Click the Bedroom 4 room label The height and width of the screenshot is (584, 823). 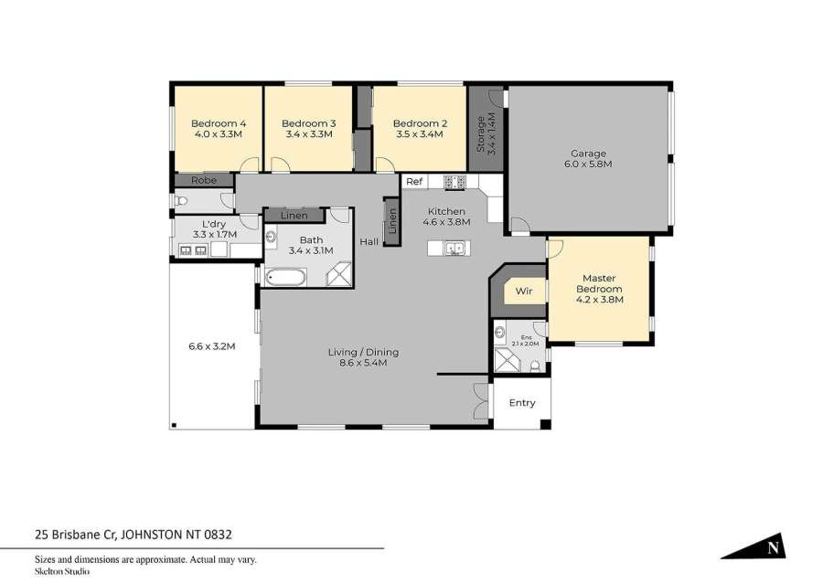pos(219,123)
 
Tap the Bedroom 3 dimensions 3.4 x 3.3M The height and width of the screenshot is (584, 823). pos(309,134)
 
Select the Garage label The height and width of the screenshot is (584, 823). pos(588,154)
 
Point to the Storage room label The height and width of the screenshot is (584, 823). pos(481,133)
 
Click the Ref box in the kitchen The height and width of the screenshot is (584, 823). pos(414,182)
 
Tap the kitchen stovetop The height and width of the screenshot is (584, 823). pos(454,182)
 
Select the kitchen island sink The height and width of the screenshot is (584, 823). pos(454,249)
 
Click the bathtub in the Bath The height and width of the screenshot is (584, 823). pos(285,277)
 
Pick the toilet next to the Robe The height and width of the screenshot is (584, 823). pos(181,201)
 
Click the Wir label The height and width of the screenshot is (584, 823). pos(524,292)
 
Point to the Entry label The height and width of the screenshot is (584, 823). pos(522,403)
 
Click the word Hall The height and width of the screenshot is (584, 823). pos(369,242)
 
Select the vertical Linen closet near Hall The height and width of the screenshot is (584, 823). pos(392,221)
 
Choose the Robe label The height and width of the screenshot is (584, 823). pos(204,180)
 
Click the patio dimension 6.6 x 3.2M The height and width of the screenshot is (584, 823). pos(211,346)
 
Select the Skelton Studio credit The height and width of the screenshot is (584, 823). pos(62,571)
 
